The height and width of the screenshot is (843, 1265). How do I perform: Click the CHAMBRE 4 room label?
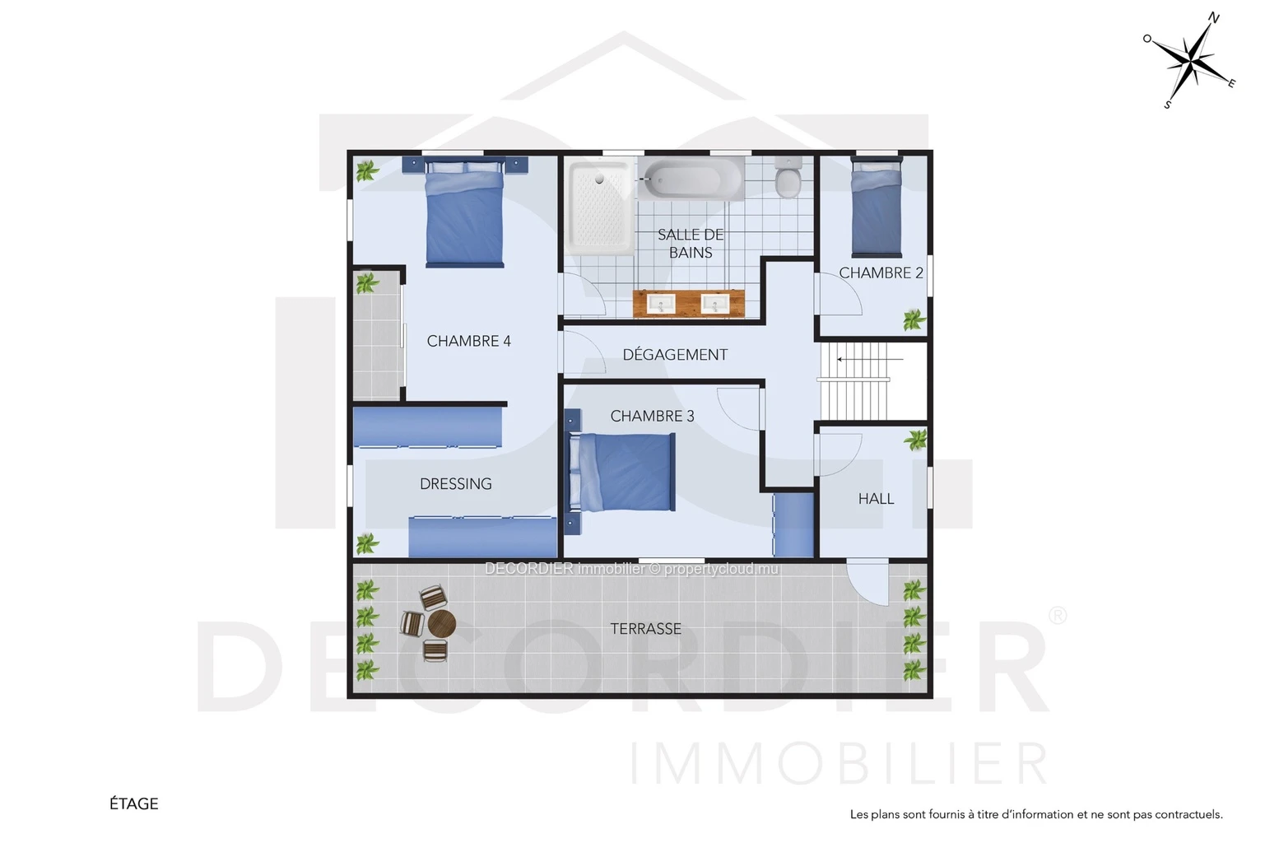(x=469, y=342)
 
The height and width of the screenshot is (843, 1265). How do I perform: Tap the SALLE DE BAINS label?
(x=691, y=244)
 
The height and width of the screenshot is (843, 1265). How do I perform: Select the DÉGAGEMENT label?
(x=675, y=355)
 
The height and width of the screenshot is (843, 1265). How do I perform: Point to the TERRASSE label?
(x=646, y=629)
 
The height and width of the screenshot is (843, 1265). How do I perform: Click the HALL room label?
(x=876, y=499)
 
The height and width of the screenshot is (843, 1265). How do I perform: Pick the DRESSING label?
(x=456, y=483)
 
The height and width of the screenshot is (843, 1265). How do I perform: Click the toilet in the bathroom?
(x=788, y=177)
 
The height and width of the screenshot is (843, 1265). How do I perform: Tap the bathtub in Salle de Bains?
(x=691, y=179)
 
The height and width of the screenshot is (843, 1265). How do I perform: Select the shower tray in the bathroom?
(x=600, y=207)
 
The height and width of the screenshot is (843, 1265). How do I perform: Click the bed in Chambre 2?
(x=877, y=208)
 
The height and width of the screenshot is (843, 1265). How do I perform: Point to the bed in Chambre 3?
(x=622, y=473)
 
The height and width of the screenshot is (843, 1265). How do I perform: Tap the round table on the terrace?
(x=442, y=624)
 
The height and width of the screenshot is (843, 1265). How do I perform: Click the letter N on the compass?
(x=1214, y=18)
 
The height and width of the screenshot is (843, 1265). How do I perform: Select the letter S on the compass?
(x=1168, y=105)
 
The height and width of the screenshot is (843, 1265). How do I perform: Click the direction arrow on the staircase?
(x=870, y=360)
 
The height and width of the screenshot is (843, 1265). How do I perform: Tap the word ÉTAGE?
(x=134, y=803)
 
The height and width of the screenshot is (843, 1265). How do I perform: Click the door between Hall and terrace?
(x=867, y=582)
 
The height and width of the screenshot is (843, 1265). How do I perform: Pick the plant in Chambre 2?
(x=914, y=319)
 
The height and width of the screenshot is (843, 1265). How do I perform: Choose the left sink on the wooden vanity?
(x=661, y=304)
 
